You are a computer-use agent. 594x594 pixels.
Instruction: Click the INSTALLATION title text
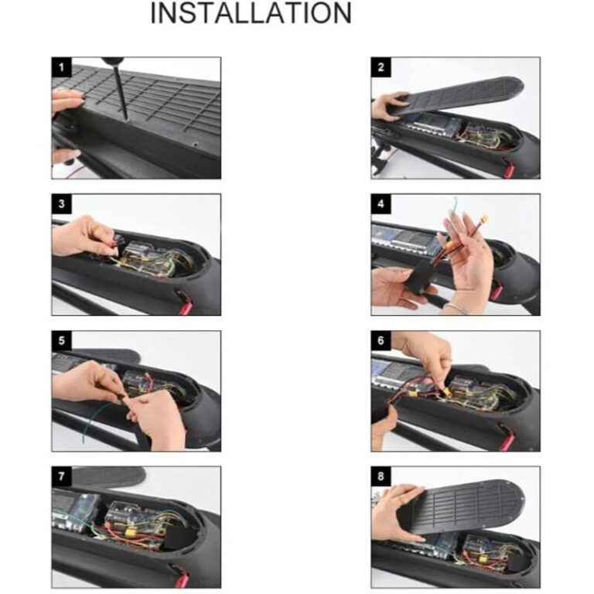point(251,13)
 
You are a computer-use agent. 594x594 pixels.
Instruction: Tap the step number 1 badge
point(61,67)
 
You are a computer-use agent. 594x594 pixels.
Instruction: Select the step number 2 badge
point(381,67)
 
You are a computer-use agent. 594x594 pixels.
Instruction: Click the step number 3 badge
point(61,204)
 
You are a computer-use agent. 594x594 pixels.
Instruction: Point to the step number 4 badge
point(381,204)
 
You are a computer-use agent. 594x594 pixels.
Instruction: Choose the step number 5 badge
point(61,340)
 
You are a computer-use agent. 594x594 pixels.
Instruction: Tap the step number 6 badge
point(381,340)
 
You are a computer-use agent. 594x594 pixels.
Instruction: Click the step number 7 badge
point(61,476)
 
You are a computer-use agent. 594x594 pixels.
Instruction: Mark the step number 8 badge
point(381,476)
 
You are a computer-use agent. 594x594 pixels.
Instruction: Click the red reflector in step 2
point(509,169)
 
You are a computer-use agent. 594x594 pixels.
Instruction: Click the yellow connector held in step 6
point(445,394)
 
